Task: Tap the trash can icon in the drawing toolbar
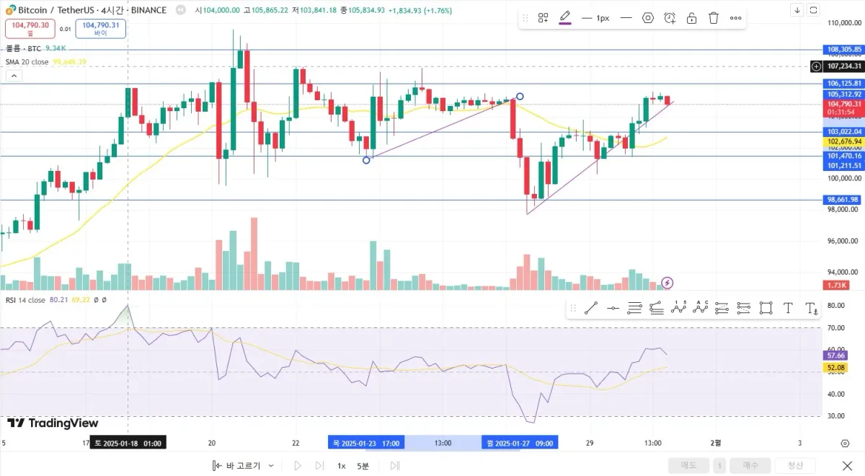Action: pos(714,18)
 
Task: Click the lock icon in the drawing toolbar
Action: pos(691,18)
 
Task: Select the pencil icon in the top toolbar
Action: pos(565,17)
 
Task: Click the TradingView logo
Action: pos(53,423)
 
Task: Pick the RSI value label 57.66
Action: pos(835,356)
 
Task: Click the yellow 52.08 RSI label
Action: pos(835,368)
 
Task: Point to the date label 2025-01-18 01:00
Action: pos(128,443)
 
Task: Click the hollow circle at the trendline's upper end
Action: pos(520,96)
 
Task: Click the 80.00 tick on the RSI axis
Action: pos(836,306)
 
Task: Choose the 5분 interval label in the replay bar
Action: pos(363,466)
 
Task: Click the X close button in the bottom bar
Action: pos(848,466)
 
